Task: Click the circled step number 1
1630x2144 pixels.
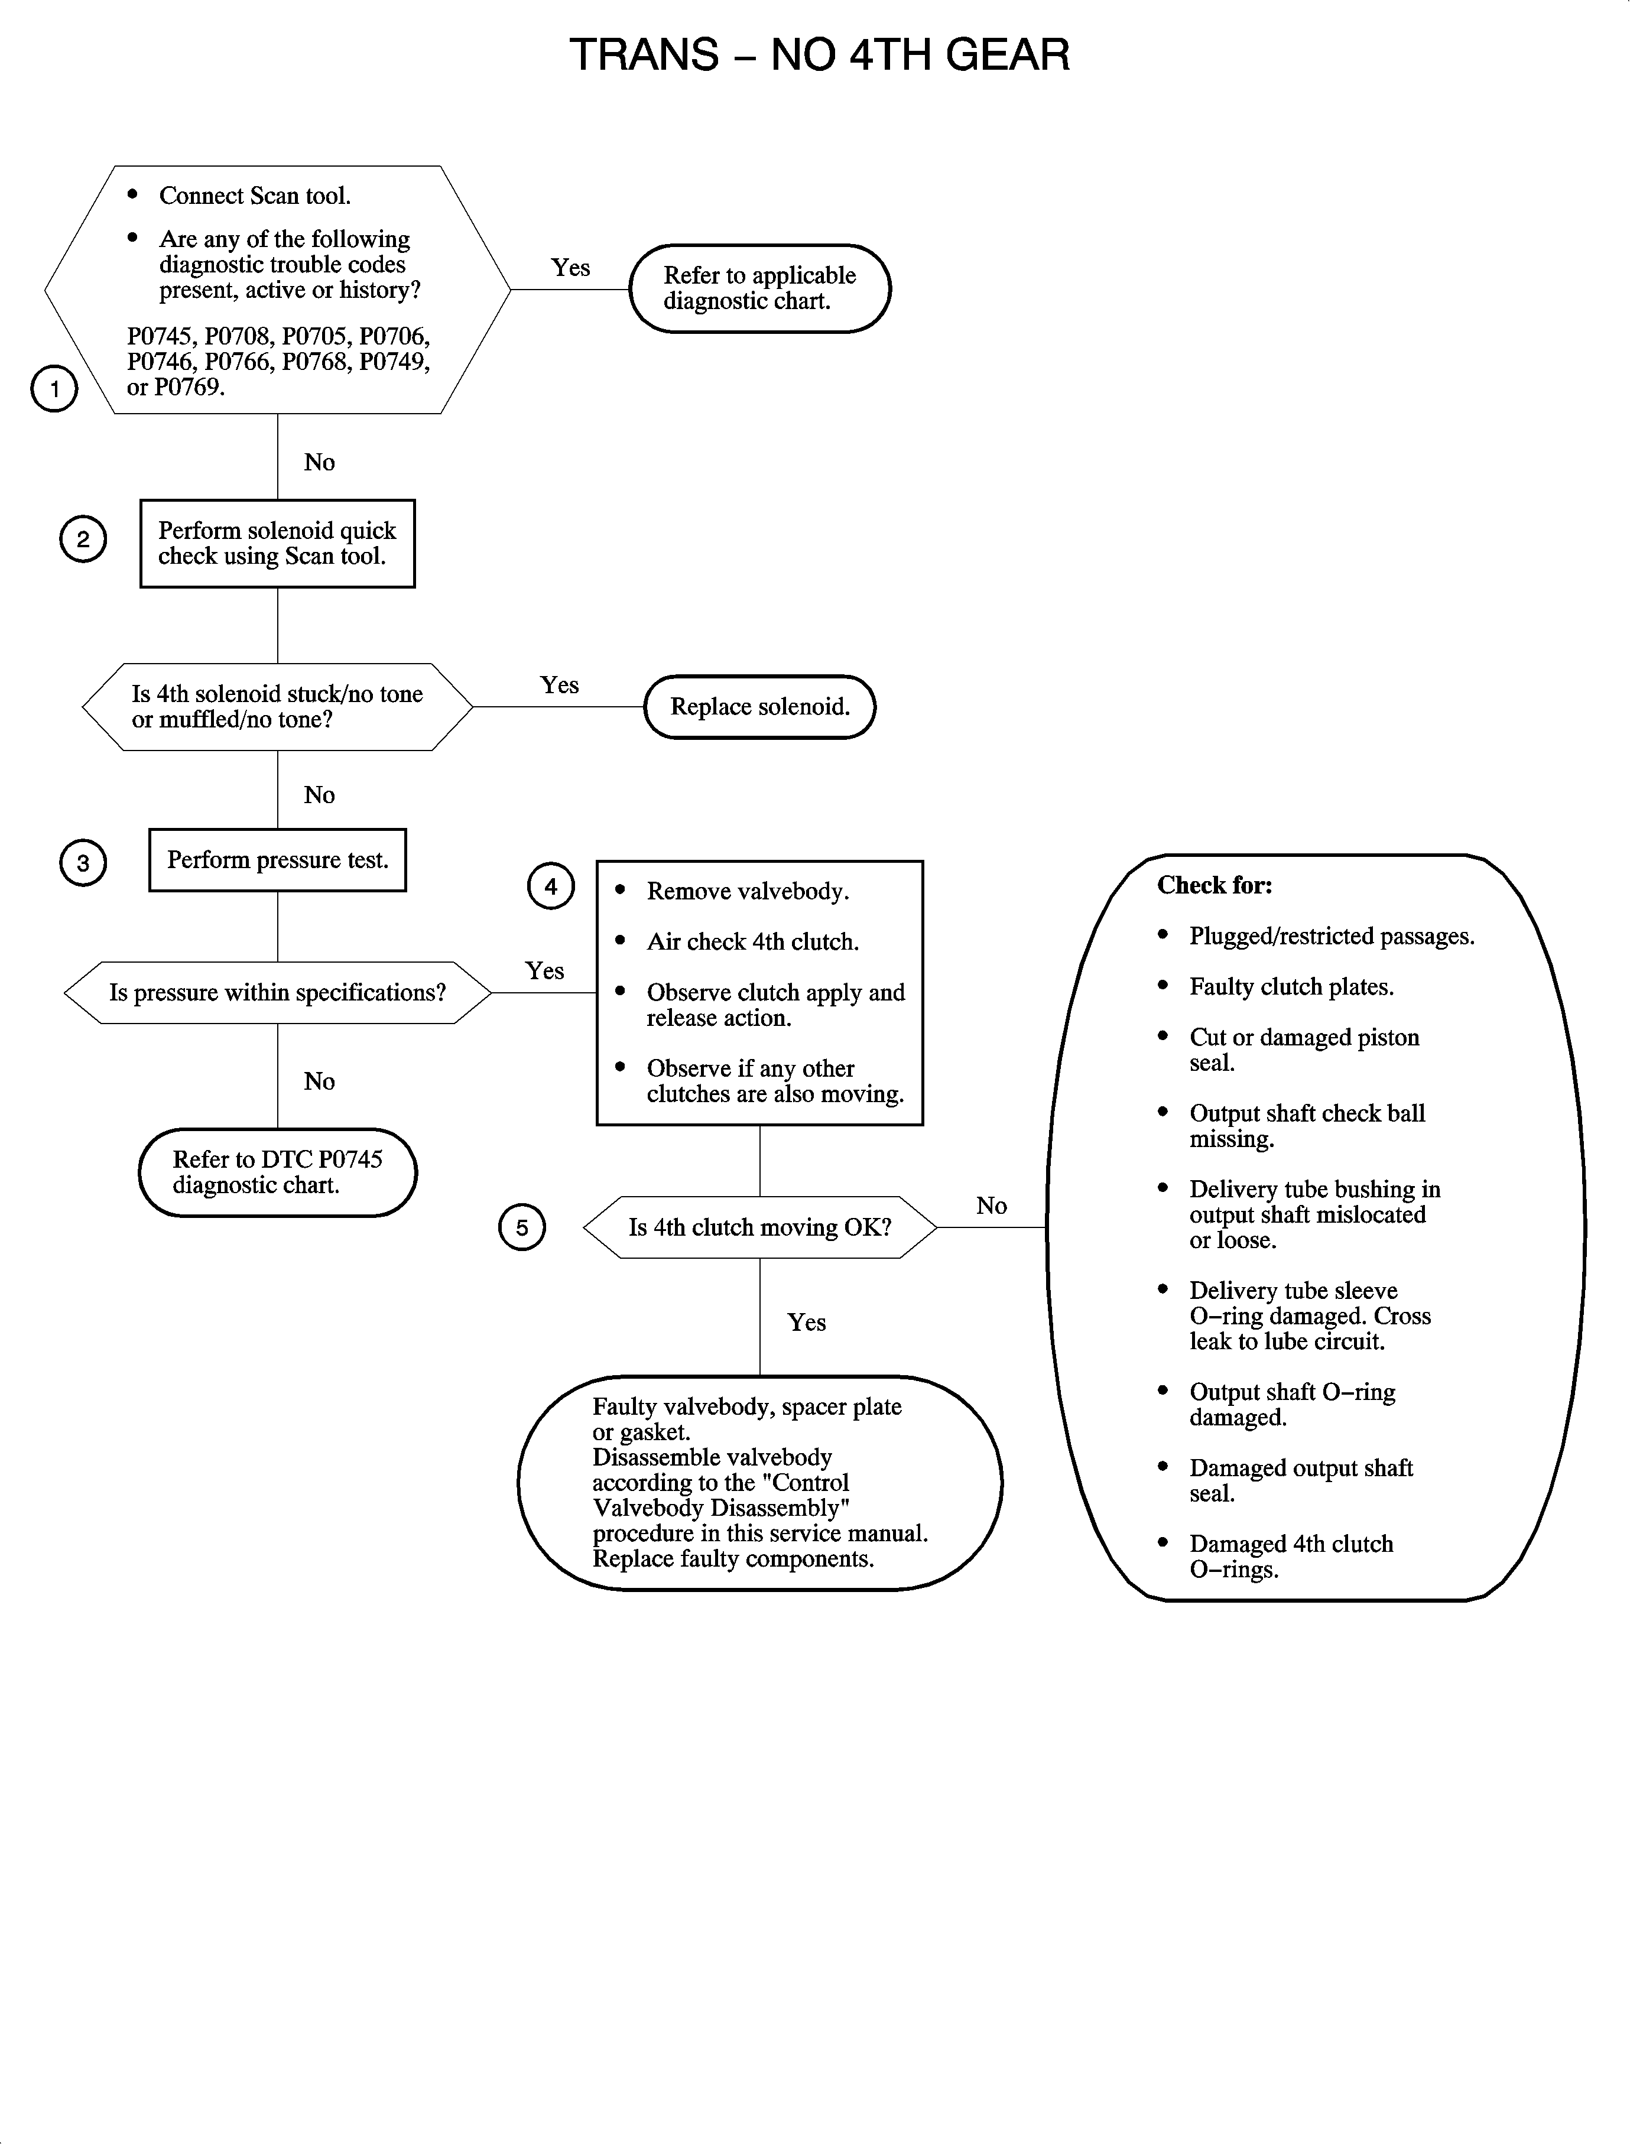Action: tap(54, 389)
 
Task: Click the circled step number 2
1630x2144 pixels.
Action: tap(83, 540)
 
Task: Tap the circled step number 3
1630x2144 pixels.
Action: tap(83, 862)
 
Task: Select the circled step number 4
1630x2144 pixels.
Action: tap(550, 886)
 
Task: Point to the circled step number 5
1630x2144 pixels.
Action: tap(522, 1227)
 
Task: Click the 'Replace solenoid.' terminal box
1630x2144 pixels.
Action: tap(759, 706)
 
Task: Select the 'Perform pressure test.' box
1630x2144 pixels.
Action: tap(278, 859)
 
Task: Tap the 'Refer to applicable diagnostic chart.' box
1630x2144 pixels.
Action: tap(759, 288)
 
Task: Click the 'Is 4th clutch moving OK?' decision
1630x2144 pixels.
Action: tap(759, 1227)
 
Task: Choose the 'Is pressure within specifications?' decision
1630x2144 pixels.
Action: tap(278, 992)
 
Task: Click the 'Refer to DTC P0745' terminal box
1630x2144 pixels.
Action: tap(278, 1172)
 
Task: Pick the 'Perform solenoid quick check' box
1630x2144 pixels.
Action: tap(278, 543)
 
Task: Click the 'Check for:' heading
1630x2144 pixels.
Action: tap(1214, 885)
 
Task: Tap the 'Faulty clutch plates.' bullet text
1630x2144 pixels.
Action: tap(1291, 987)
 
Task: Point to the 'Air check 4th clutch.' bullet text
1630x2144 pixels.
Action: tap(753, 942)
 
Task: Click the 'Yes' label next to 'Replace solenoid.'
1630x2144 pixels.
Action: tap(560, 685)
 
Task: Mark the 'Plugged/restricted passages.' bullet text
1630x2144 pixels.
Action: tap(1331, 936)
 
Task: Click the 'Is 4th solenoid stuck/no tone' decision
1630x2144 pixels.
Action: tap(278, 706)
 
